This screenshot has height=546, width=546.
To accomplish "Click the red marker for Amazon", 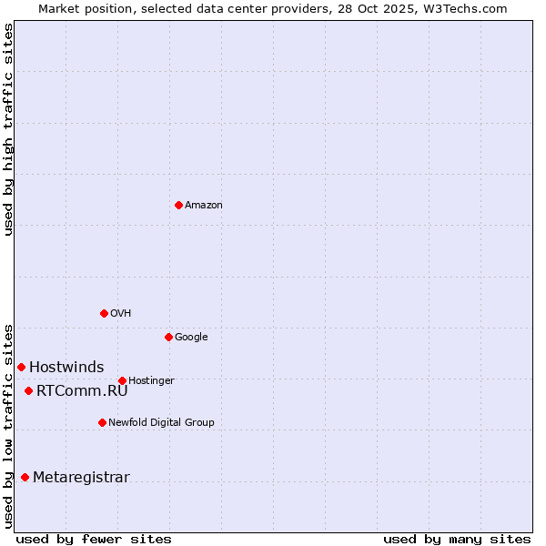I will click(x=178, y=205).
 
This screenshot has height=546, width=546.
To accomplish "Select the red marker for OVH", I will click(x=104, y=313).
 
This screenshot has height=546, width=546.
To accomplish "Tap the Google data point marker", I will click(x=168, y=337).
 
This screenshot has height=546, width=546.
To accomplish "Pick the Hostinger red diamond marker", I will click(x=122, y=380).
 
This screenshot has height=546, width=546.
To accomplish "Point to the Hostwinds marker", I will click(x=21, y=367).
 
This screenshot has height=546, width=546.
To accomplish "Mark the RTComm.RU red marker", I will click(x=28, y=390).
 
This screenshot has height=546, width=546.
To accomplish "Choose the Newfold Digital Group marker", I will click(x=102, y=422).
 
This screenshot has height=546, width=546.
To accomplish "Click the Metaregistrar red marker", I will click(x=25, y=477).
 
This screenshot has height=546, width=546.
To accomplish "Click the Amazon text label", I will click(x=204, y=206).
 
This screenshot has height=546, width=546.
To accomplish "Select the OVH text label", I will click(x=121, y=314).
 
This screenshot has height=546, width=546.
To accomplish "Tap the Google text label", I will click(x=191, y=338).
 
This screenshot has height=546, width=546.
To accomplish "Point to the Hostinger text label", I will click(x=151, y=381).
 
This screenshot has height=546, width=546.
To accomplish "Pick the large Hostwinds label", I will click(x=66, y=368).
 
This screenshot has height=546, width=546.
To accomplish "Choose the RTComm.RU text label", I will click(x=82, y=391).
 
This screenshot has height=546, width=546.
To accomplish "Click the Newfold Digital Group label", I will click(x=161, y=423).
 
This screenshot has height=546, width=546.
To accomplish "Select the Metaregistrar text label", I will click(x=81, y=478).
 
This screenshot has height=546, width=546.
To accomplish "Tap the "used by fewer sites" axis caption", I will click(x=94, y=539).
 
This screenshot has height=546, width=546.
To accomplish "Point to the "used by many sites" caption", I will click(x=457, y=539).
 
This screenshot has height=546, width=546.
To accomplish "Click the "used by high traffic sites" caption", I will click(x=9, y=129).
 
